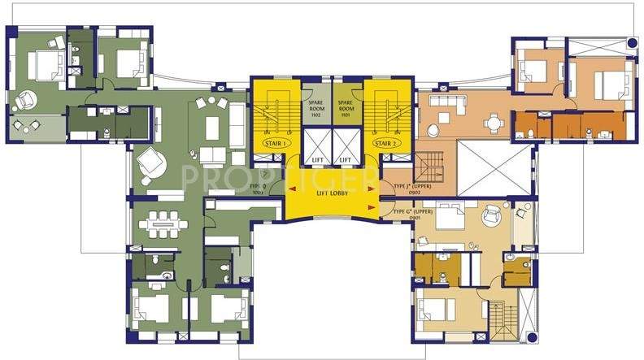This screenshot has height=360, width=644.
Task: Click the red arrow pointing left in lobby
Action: click(x=293, y=191)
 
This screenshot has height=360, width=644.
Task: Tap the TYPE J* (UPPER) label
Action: click(x=411, y=187)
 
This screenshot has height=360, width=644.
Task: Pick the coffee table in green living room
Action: click(x=214, y=128)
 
